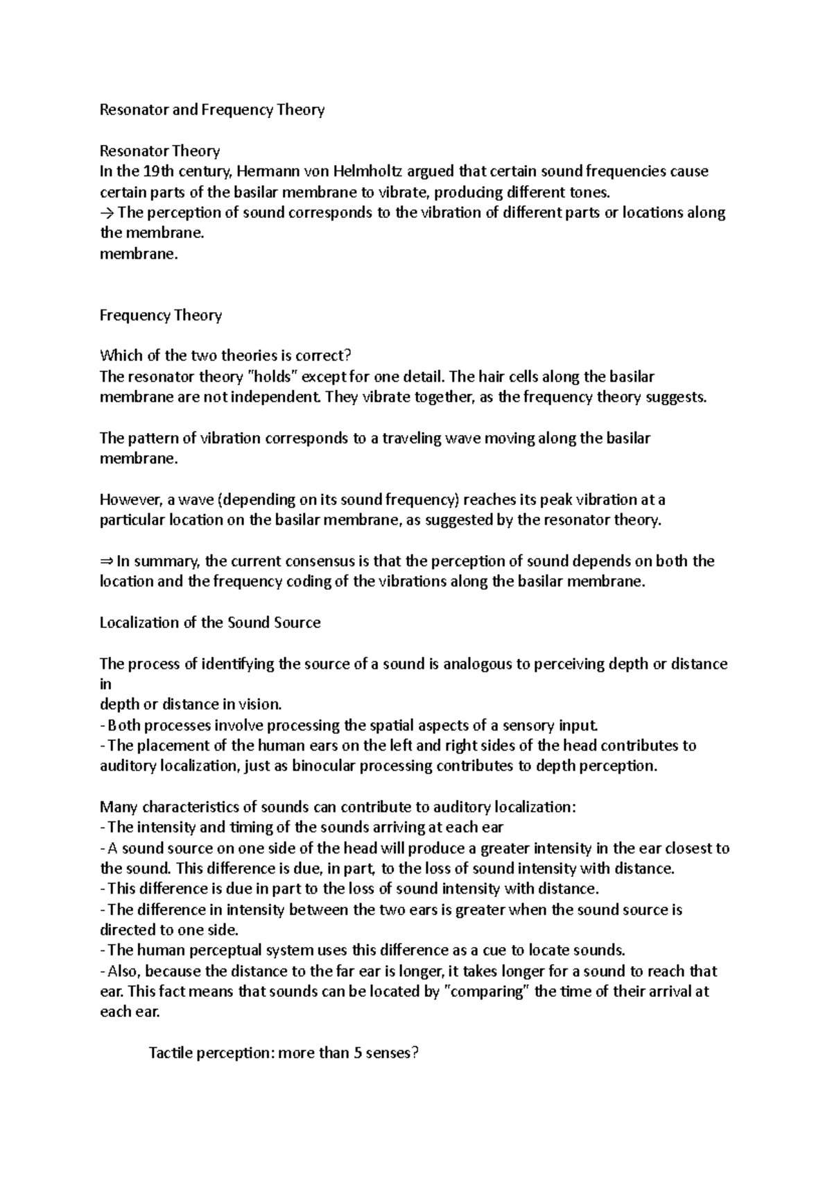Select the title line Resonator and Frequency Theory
pos(212,110)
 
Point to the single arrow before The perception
pos(107,213)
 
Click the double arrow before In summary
pos(107,561)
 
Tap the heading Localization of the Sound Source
pos(210,622)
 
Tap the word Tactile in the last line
pos(171,1053)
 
